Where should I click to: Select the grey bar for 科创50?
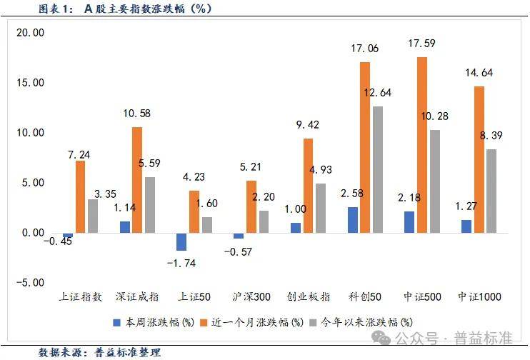tap(377, 169)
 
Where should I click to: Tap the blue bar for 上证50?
tap(182, 241)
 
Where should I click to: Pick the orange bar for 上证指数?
tap(81, 196)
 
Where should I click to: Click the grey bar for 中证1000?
tap(491, 191)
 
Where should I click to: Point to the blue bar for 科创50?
tap(353, 220)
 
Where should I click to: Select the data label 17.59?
tap(421, 44)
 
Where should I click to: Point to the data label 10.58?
tap(136, 114)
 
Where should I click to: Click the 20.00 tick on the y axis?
tap(29, 33)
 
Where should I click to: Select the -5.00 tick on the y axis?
tap(29, 283)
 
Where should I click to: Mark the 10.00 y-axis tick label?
tap(29, 133)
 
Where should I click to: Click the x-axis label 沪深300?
tap(251, 296)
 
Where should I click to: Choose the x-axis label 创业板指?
tap(308, 296)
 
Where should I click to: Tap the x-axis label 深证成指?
tap(138, 296)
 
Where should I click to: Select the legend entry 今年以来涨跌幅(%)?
tap(366, 321)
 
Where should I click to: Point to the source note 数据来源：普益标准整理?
tap(100, 352)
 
